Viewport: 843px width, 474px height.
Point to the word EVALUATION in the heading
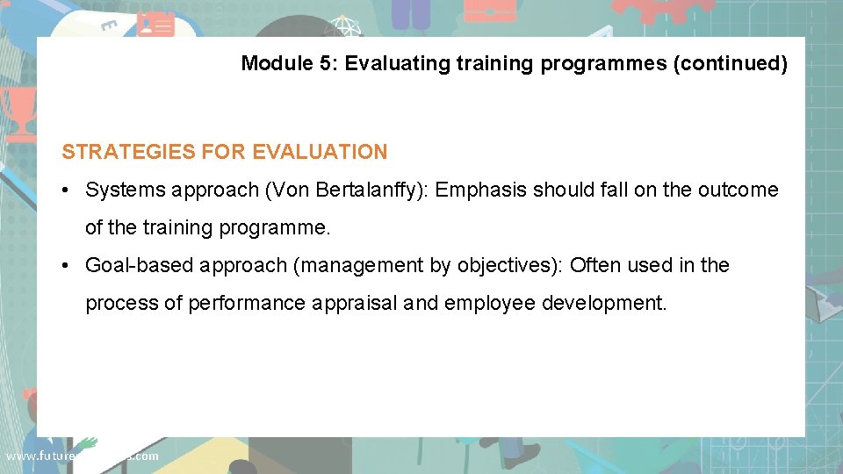point(320,152)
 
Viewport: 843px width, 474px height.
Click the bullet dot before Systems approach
point(68,190)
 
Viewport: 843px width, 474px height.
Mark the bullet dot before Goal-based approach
point(68,266)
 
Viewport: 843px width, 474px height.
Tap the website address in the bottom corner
point(82,456)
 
